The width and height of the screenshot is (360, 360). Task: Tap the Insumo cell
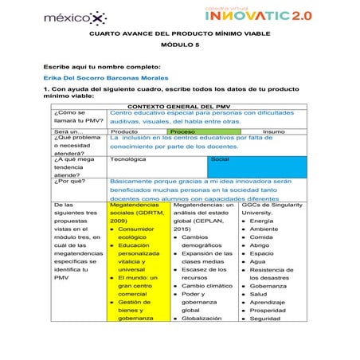[x=273, y=131]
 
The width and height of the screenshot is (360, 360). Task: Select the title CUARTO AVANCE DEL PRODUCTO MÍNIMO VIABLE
[x=179, y=33]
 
